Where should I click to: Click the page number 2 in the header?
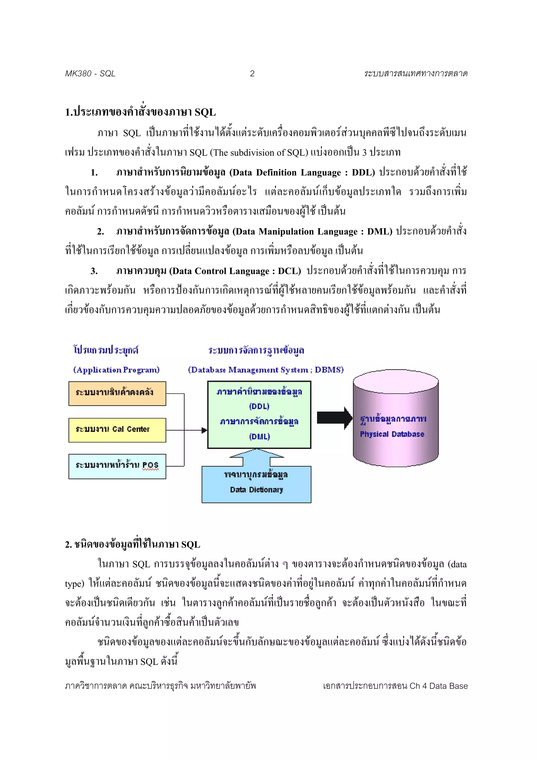tap(252, 73)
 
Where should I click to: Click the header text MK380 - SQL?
tap(90, 73)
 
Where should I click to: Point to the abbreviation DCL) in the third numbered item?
tap(289, 271)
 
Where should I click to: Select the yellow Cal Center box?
tap(117, 430)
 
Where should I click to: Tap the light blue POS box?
tap(117, 466)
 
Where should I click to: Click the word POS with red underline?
tap(151, 465)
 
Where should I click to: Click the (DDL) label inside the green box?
tap(259, 406)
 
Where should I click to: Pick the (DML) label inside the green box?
tap(259, 437)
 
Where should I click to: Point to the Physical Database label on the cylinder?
tap(392, 434)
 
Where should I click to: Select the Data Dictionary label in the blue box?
tap(256, 490)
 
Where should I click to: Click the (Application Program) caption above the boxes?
tap(116, 370)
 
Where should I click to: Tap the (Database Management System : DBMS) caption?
tap(266, 370)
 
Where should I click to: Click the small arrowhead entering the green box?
tap(204, 430)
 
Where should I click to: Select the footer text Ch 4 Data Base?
tap(438, 686)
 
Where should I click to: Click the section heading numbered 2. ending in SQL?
tap(132, 544)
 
